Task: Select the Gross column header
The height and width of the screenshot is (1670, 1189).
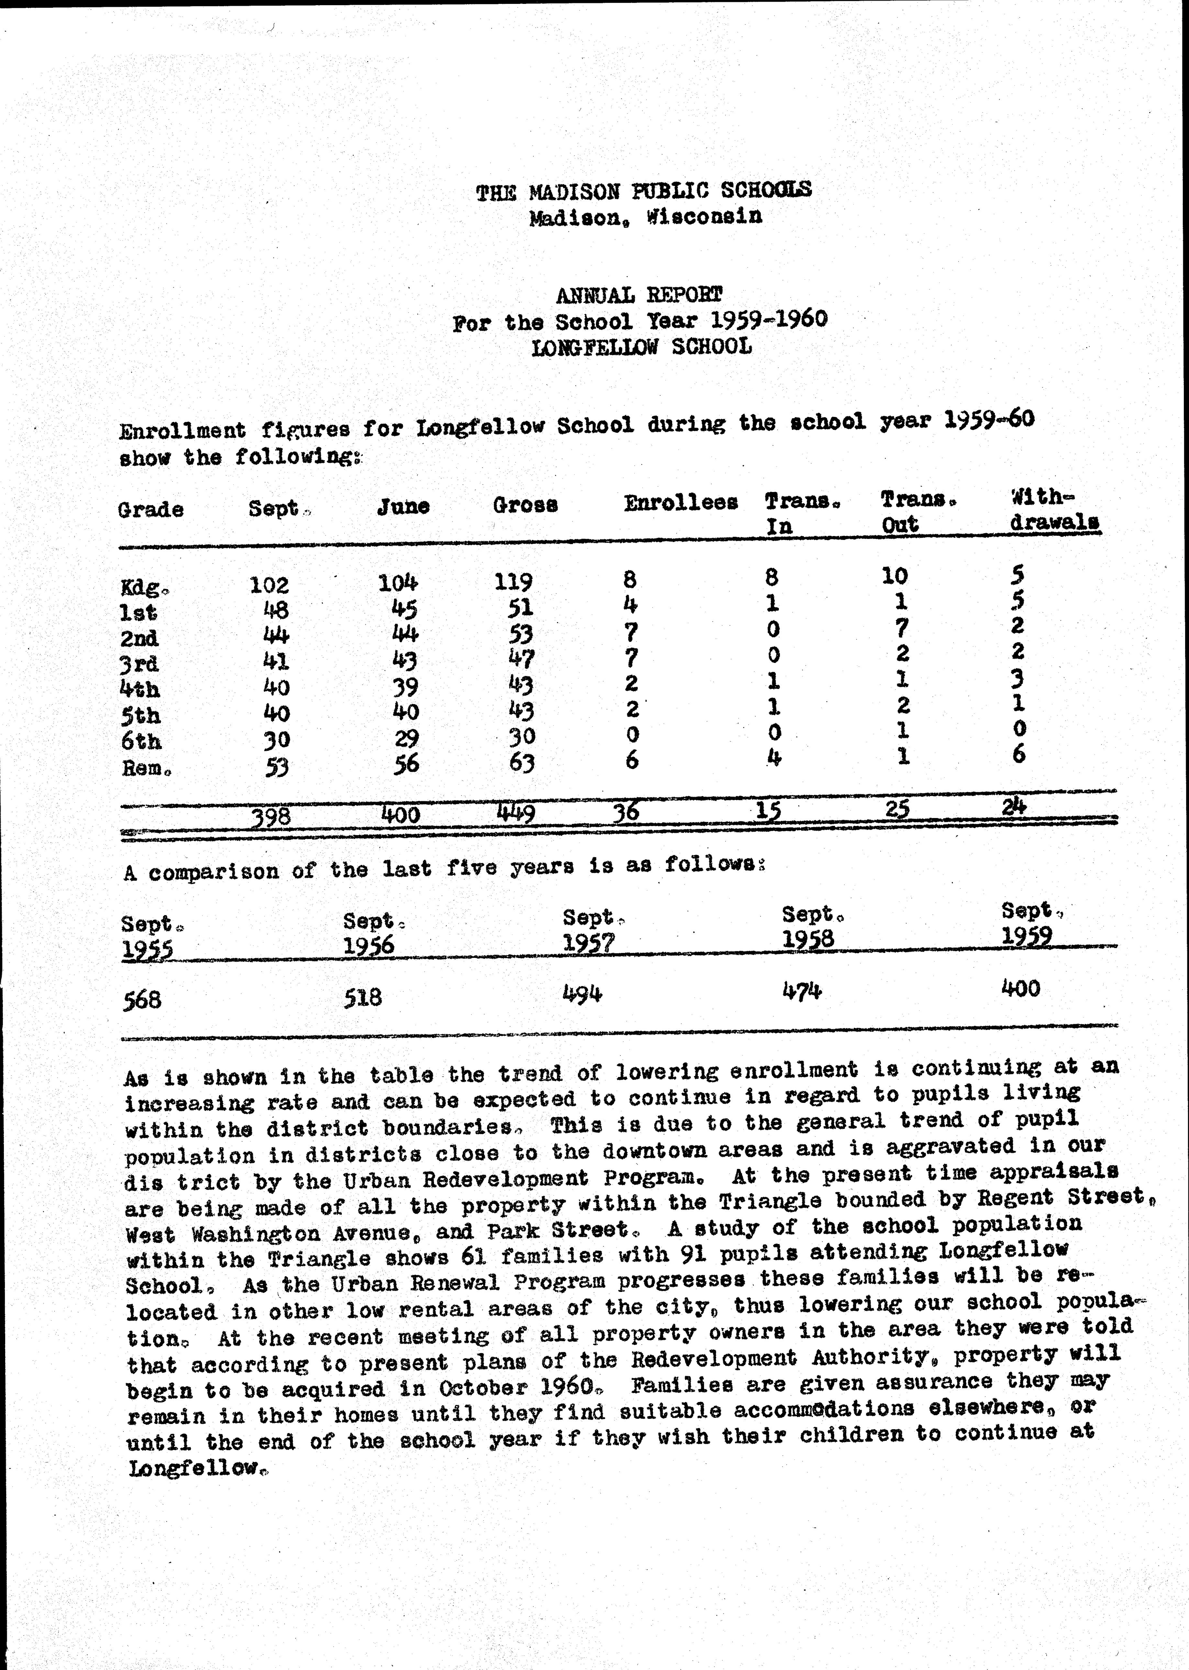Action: pyautogui.click(x=525, y=504)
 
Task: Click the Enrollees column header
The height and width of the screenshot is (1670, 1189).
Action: pyautogui.click(x=680, y=502)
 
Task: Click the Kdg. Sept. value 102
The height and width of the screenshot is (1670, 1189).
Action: pyautogui.click(x=270, y=585)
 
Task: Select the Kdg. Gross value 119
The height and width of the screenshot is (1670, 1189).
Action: pyautogui.click(x=513, y=582)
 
